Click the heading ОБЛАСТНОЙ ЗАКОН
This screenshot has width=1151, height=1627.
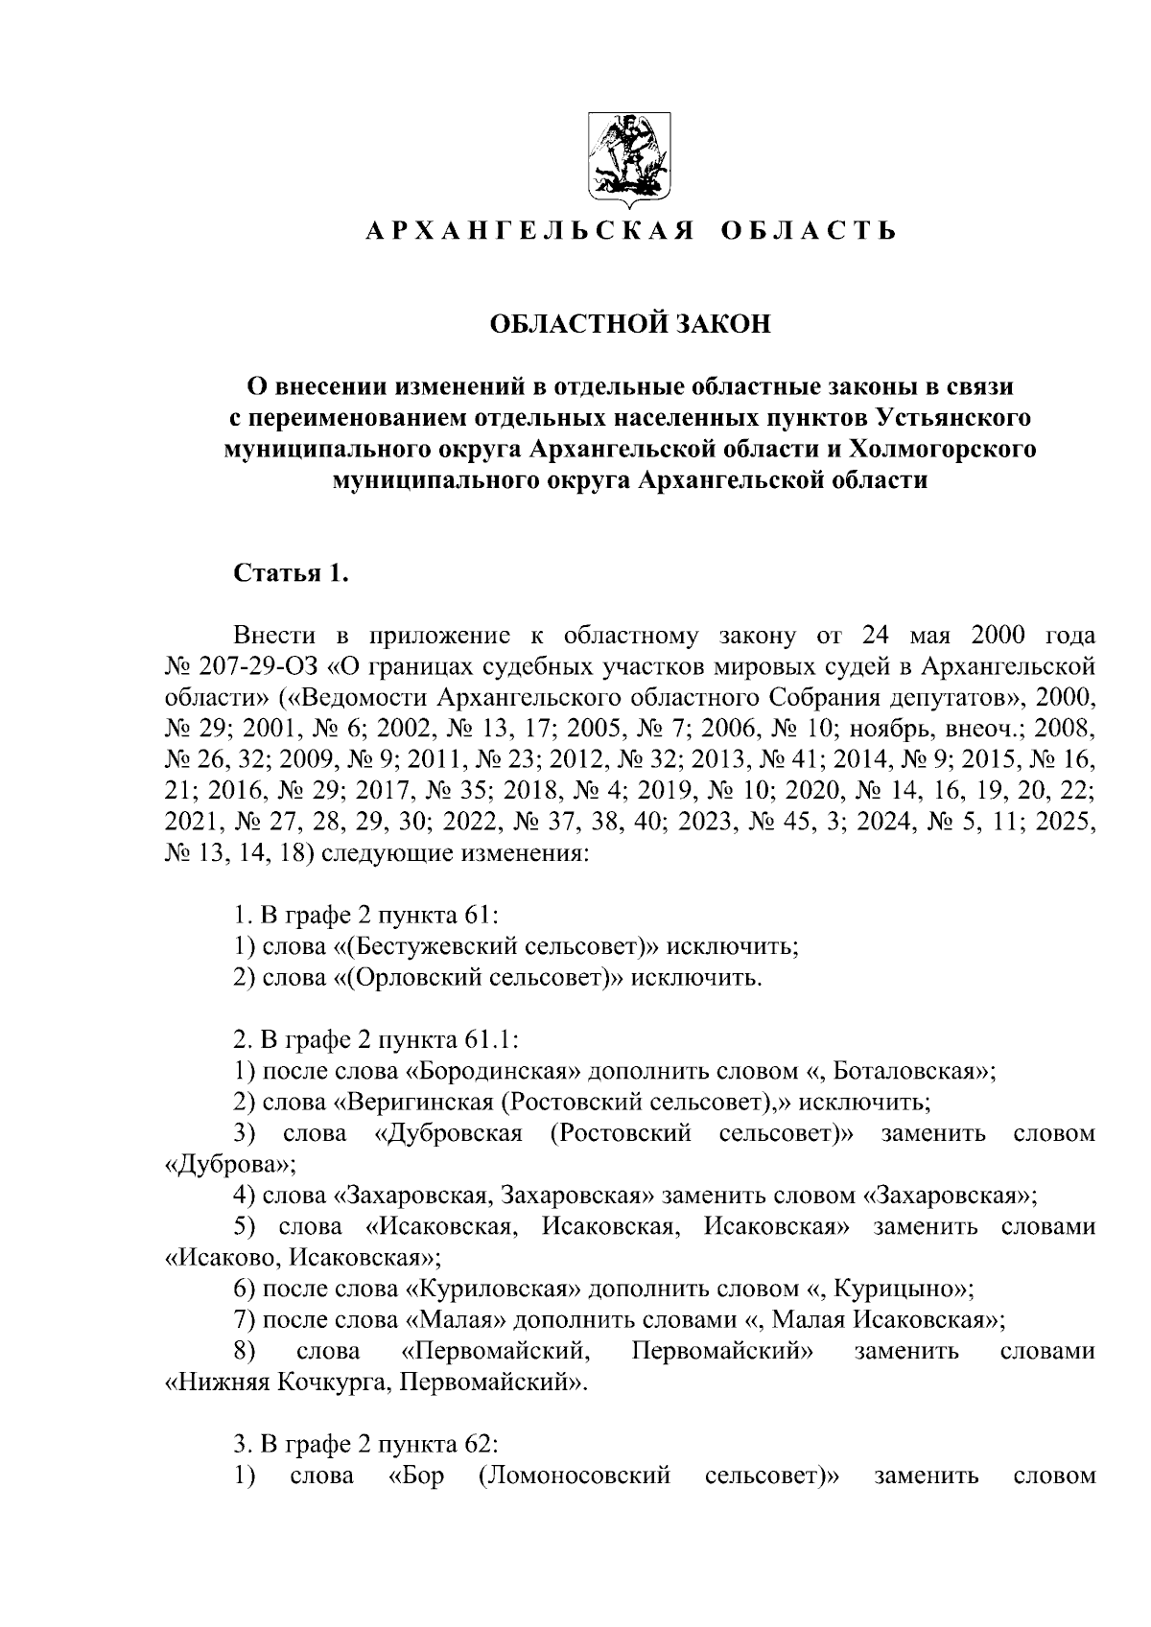point(630,324)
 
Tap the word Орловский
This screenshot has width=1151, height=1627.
point(419,978)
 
